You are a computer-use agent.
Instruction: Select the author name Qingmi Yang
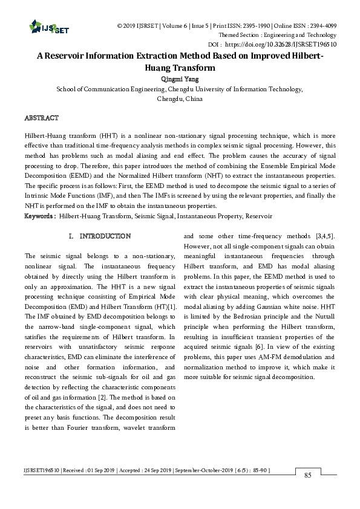180,79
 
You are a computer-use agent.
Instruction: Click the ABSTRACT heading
41,117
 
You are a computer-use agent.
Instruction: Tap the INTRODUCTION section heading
105,236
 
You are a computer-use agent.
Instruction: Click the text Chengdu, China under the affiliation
180,98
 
